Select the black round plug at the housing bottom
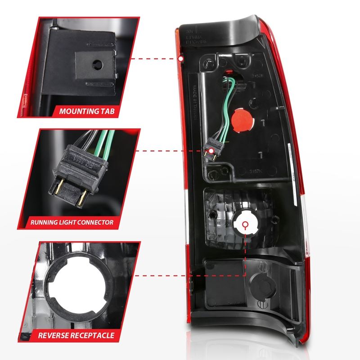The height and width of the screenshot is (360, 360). (261, 284)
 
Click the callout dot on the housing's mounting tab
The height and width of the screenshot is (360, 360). (180, 58)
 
